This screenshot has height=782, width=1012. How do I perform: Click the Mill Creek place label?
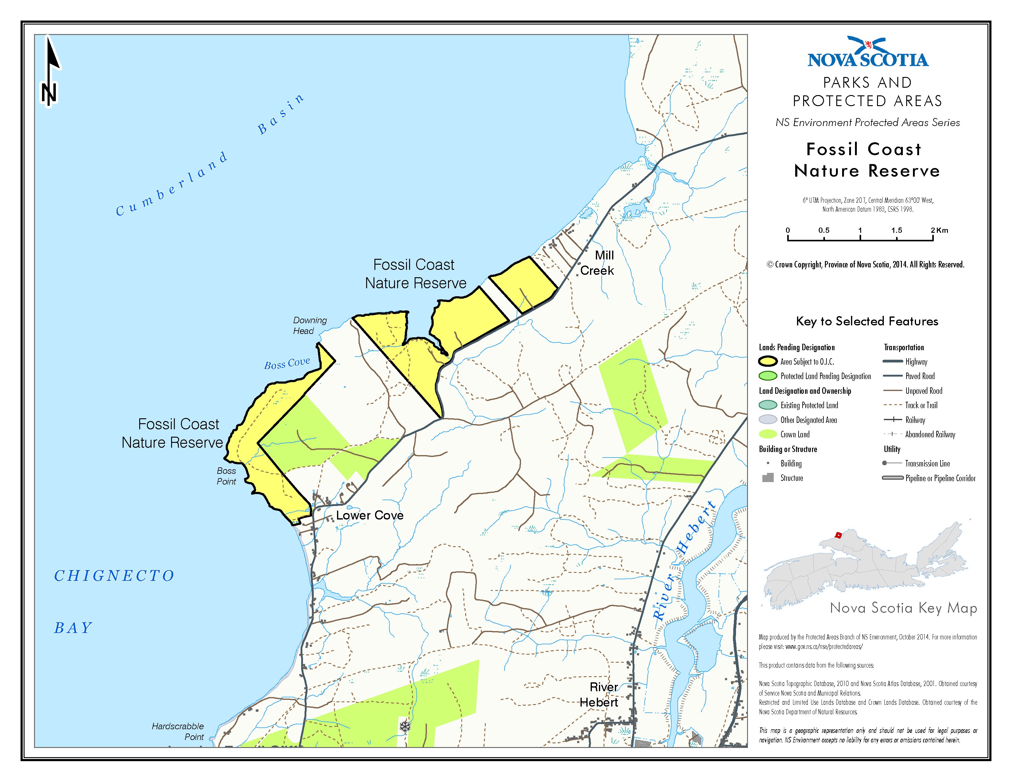pyautogui.click(x=597, y=263)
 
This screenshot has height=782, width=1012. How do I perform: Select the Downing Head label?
pyautogui.click(x=309, y=325)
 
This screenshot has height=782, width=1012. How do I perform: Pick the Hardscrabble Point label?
pyautogui.click(x=178, y=731)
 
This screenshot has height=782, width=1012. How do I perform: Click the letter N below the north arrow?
pyautogui.click(x=49, y=94)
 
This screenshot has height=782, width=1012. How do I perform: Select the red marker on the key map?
pyautogui.click(x=838, y=535)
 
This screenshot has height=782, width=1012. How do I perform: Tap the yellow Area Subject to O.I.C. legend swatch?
pyautogui.click(x=768, y=361)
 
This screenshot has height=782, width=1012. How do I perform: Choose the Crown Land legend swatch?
pyautogui.click(x=768, y=434)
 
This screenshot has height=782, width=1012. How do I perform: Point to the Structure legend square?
pyautogui.click(x=768, y=477)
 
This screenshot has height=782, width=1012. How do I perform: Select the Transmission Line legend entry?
pyautogui.click(x=927, y=463)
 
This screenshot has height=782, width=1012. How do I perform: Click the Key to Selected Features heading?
pyautogui.click(x=867, y=321)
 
